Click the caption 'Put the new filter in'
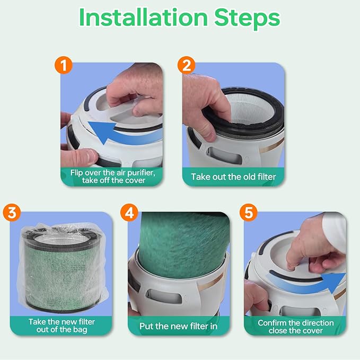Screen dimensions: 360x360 click(178, 326)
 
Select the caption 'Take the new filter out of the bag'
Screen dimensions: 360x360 click(62, 326)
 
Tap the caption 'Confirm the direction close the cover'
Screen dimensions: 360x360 click(295, 326)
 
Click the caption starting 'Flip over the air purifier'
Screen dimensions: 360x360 click(112, 176)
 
